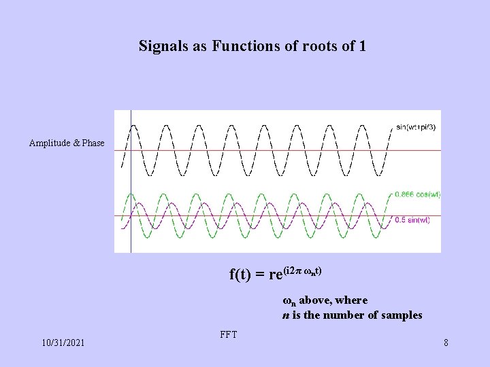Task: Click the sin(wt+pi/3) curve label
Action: tap(417, 126)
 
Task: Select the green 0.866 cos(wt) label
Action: tap(417, 194)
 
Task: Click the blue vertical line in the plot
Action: tap(131, 204)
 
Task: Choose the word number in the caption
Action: tap(341, 315)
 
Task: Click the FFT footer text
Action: tap(229, 334)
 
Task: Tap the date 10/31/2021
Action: tap(63, 343)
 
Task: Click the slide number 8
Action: tap(446, 343)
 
